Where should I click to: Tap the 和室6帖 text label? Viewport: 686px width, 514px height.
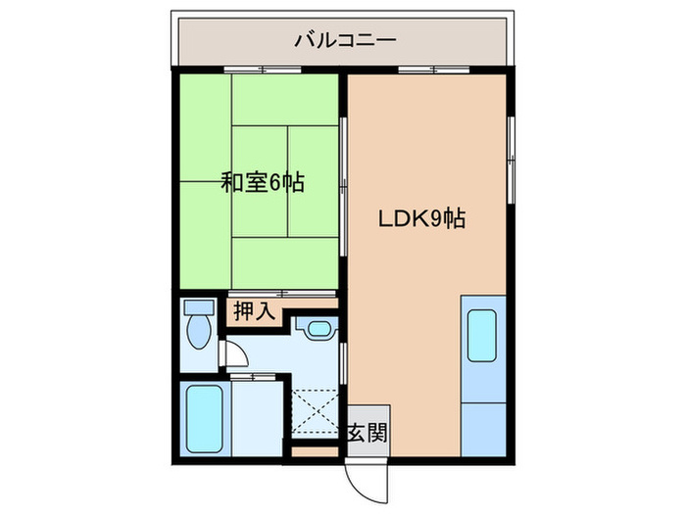pyautogui.click(x=262, y=182)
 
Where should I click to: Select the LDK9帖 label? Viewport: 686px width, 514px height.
pyautogui.click(x=421, y=219)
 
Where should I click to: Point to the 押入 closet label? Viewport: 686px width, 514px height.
pyautogui.click(x=253, y=312)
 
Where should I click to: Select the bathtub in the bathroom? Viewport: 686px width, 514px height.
pyautogui.click(x=203, y=415)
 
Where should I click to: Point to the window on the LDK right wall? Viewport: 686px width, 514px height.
pyautogui.click(x=511, y=152)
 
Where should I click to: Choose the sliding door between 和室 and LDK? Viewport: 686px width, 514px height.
pyautogui.click(x=342, y=186)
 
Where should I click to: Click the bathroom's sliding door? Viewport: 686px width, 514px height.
pyautogui.click(x=253, y=376)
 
